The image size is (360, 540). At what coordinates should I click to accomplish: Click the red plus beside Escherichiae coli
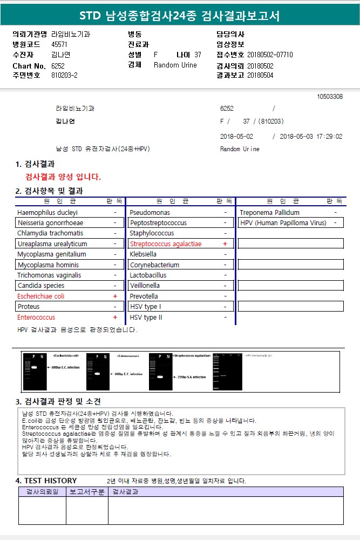pos(115,296)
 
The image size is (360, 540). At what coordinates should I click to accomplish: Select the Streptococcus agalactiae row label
pos(165,244)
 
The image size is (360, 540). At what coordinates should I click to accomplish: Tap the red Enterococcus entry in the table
pos(36,318)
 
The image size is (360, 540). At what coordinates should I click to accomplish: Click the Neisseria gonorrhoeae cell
pos(50,223)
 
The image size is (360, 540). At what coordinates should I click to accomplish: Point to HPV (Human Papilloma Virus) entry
pos(283,223)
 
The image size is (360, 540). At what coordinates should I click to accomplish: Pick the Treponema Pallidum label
pos(269,213)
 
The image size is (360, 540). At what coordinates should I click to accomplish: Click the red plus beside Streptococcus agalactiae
pos(225,244)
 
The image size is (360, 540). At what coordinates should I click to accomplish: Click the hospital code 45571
pos(59,45)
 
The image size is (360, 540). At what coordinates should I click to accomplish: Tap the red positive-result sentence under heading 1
pos(63,177)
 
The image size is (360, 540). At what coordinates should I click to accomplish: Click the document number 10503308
pos(330,97)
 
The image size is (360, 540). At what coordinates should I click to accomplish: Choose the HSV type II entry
pos(146,318)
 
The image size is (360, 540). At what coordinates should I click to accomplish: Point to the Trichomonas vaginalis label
pos(49,275)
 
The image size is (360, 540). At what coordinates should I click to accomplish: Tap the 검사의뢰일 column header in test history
pos(42,492)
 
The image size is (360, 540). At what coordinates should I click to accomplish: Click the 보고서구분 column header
pos(87,492)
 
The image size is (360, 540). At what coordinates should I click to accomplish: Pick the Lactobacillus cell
pos(148,275)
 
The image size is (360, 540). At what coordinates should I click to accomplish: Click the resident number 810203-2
pos(64,75)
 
